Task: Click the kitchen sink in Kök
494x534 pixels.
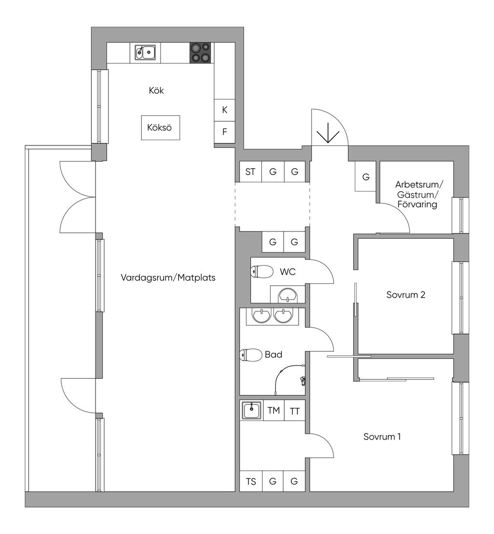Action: tap(145, 53)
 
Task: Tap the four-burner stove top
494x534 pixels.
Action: tap(200, 53)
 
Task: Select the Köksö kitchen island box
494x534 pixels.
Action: tap(161, 128)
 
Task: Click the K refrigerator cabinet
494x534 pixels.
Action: tap(224, 110)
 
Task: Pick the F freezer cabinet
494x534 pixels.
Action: tap(224, 132)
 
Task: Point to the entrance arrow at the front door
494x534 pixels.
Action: tap(328, 133)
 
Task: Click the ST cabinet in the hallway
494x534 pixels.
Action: tap(250, 172)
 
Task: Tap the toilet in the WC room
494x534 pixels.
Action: tap(262, 272)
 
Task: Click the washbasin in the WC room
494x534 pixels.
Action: tap(288, 295)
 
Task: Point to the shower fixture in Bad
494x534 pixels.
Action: tap(302, 380)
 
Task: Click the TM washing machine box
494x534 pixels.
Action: tap(274, 410)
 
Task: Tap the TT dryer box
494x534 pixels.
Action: tap(294, 411)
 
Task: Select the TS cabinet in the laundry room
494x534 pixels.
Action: tap(251, 481)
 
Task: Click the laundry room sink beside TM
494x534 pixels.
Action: tap(251, 410)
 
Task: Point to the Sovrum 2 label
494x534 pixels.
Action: tap(406, 295)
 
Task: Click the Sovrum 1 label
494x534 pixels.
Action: tap(382, 436)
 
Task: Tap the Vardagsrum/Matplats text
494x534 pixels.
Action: tap(168, 277)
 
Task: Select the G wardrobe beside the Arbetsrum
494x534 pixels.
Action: tap(366, 176)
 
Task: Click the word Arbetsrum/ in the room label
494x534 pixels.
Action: tap(419, 185)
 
